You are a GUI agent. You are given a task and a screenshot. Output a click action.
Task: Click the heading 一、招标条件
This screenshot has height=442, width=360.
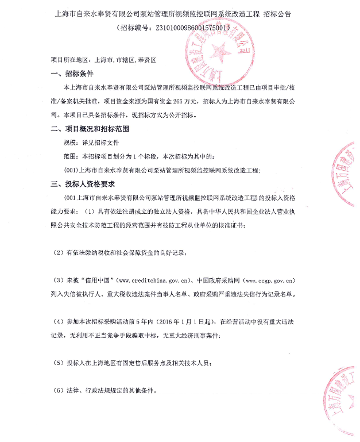(x=72, y=74)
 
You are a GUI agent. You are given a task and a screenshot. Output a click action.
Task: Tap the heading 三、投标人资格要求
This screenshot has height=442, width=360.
(x=83, y=184)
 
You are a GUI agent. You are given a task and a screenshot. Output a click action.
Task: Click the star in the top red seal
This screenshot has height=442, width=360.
(x=218, y=52)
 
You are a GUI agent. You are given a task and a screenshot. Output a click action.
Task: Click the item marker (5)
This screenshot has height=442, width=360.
(x=58, y=364)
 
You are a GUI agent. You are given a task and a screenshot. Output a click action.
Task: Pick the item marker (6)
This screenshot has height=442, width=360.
(x=58, y=391)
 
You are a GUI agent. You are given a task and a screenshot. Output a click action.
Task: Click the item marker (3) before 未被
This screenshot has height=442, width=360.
(x=58, y=281)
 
